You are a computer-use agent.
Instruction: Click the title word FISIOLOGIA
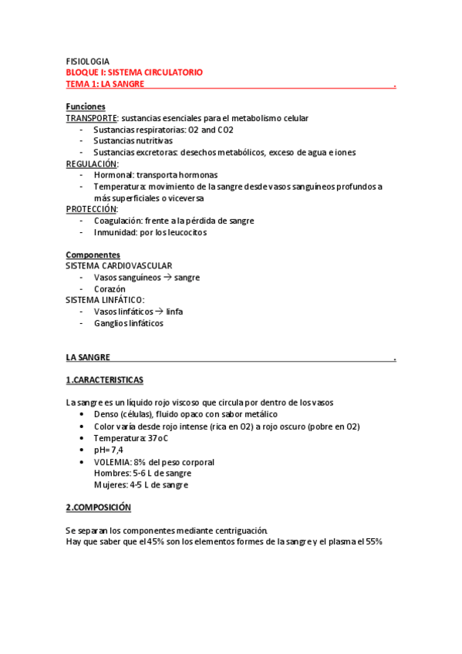pos(88,61)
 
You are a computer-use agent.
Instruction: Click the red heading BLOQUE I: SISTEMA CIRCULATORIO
pos(134,72)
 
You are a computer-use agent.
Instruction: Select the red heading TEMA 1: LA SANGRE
pos(105,84)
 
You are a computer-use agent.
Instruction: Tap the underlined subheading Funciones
pos(86,106)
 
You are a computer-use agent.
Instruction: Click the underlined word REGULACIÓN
pos(92,163)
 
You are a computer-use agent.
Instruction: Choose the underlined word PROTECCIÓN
pos(92,209)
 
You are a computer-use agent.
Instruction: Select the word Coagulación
pos(120,221)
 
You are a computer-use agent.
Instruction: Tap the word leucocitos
pos(185,232)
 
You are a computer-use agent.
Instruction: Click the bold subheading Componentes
pos(93,255)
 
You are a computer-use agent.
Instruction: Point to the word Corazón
pos(110,289)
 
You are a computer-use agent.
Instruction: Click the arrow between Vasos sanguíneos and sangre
pos(167,278)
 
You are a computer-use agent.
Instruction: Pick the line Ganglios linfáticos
pos(128,323)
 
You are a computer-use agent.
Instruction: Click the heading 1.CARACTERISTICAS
pos(104,380)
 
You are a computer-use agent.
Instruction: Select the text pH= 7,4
pos(108,450)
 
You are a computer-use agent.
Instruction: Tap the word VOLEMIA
pos(113,462)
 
